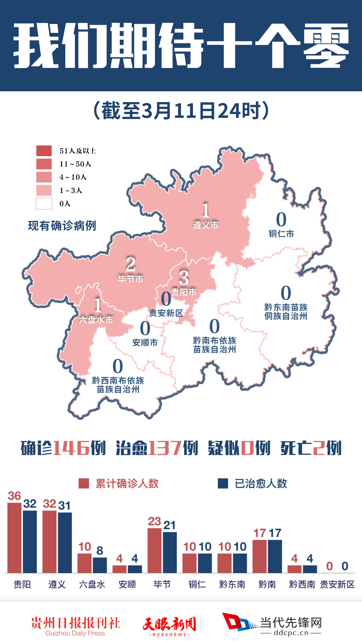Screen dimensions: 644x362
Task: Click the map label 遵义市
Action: click(x=205, y=225)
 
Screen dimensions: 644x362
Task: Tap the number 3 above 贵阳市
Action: click(x=184, y=277)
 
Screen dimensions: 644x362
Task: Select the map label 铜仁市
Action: click(x=281, y=234)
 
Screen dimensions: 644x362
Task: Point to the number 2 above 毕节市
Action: click(x=131, y=264)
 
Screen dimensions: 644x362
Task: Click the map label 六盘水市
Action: click(x=96, y=320)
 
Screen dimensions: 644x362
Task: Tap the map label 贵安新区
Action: click(x=166, y=313)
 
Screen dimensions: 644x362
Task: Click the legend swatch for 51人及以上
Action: click(x=44, y=151)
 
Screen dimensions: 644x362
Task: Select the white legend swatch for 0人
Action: click(x=44, y=204)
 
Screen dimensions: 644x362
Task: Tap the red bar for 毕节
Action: click(x=154, y=550)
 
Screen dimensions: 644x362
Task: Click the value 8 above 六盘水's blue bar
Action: click(x=100, y=551)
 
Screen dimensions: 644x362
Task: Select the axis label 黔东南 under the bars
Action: click(x=232, y=584)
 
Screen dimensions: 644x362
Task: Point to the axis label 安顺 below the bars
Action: click(x=127, y=584)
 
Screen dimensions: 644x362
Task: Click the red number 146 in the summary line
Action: click(x=71, y=448)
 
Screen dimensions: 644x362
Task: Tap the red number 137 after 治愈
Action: click(x=165, y=448)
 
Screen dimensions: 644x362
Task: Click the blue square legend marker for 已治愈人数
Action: click(x=223, y=483)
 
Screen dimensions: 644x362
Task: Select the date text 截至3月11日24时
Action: click(x=181, y=111)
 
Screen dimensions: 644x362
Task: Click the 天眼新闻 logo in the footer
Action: click(x=169, y=626)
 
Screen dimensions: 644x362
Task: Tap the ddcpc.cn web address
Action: click(x=291, y=633)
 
